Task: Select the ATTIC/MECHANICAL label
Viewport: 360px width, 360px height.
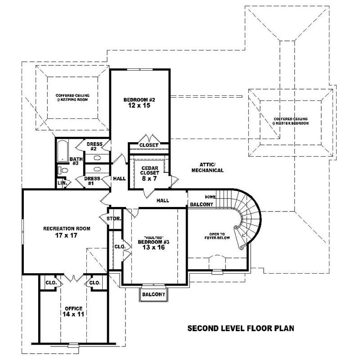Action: tap(207, 167)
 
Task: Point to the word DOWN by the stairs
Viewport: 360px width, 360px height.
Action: tap(210, 197)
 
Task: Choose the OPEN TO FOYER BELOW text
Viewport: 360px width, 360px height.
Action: tap(216, 237)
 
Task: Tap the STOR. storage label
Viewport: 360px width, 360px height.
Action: tap(114, 219)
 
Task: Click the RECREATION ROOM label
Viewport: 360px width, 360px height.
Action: tap(67, 229)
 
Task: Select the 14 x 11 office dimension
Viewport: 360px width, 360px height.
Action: tap(73, 314)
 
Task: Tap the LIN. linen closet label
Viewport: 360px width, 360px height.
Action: tap(62, 183)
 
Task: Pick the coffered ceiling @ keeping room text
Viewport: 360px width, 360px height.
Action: tap(72, 97)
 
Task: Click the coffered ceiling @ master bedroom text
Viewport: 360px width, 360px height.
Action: tap(291, 121)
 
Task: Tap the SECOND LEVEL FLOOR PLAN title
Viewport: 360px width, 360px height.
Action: tap(240, 328)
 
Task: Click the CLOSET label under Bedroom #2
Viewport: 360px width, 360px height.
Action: tap(148, 145)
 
